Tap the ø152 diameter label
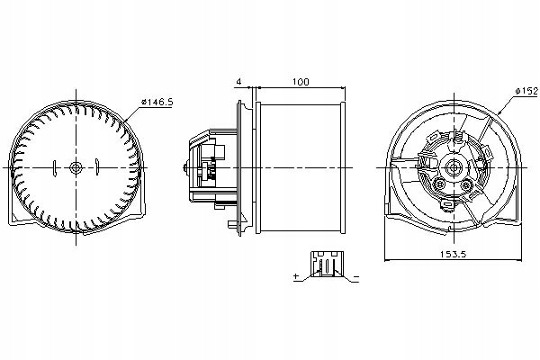[x=526, y=90]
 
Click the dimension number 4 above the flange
[x=238, y=82]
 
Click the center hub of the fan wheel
[x=76, y=167]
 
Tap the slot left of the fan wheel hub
[x=57, y=167]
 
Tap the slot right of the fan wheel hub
[x=95, y=167]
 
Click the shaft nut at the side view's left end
[x=185, y=167]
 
